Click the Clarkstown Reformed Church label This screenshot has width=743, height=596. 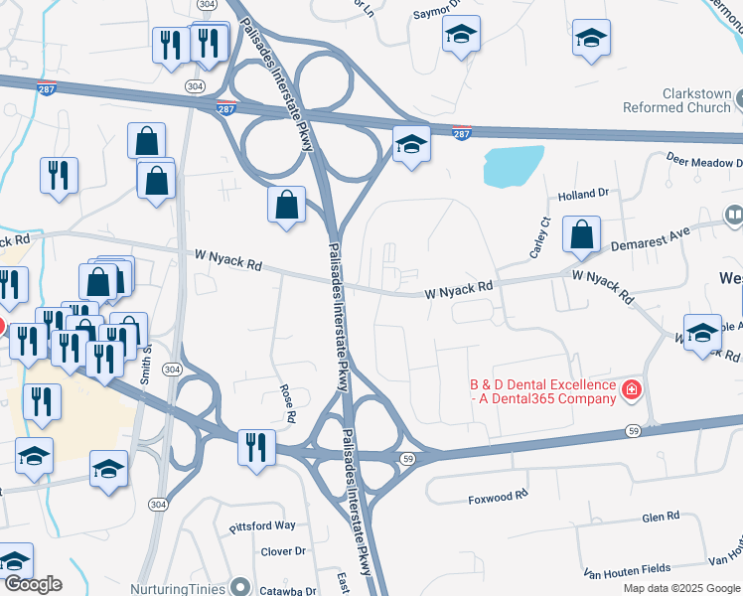677,100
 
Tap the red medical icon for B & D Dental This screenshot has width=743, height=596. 631,390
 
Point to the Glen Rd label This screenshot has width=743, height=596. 660,517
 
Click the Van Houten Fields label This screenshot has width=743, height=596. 627,569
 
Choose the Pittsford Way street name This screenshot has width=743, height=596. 262,524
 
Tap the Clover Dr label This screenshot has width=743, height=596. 283,551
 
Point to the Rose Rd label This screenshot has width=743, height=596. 289,403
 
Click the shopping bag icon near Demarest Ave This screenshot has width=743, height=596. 581,235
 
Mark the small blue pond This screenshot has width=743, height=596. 514,166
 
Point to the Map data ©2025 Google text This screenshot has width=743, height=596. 682,588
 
